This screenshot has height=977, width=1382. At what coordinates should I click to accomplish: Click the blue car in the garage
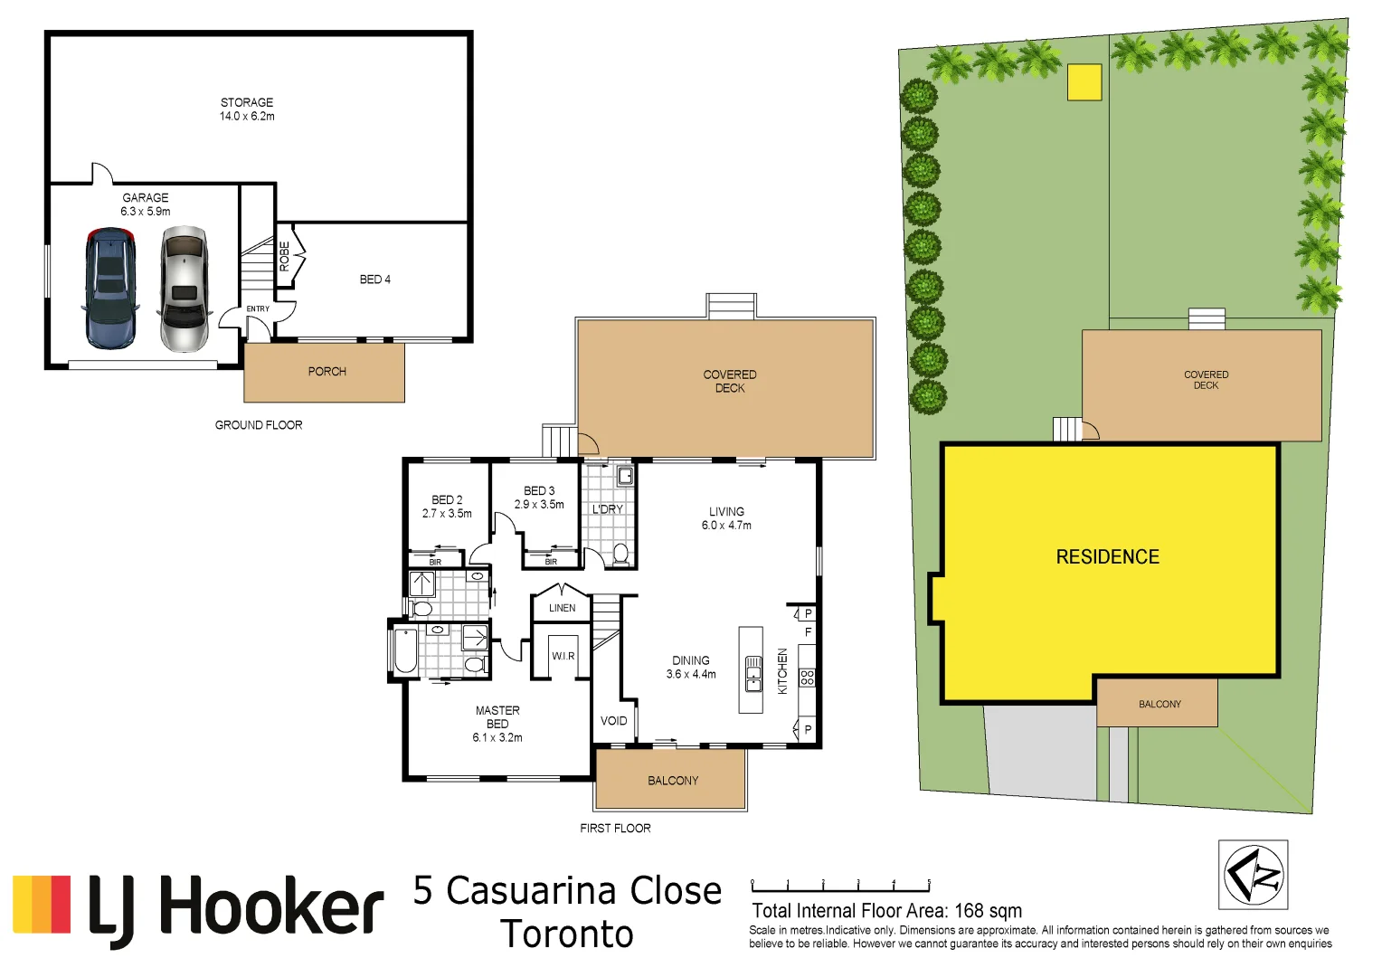110,288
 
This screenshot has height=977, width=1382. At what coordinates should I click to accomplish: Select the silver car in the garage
185,288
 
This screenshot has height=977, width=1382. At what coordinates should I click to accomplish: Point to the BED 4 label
374,280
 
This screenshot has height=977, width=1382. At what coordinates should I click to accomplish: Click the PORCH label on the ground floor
327,372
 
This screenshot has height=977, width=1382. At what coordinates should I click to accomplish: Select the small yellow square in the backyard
1084,82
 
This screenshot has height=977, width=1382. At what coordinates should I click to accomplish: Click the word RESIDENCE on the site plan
1107,557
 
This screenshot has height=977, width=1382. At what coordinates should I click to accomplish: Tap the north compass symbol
1253,875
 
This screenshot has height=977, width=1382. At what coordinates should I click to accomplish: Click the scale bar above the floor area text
840,887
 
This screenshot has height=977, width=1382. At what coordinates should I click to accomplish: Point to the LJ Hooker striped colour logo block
42,904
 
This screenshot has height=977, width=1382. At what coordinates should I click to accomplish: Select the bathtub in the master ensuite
406,651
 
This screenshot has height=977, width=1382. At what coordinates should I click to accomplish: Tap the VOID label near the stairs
613,721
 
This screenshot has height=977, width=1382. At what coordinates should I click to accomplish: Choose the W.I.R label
563,656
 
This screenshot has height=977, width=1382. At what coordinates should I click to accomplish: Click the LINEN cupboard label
562,608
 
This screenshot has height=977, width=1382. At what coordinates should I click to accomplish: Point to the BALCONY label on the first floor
673,781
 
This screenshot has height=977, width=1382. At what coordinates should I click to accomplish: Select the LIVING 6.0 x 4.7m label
726,518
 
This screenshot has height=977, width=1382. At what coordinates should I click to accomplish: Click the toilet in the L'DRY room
620,554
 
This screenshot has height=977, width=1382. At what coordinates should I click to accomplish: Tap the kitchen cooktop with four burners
807,677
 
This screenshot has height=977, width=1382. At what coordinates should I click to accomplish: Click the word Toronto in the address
567,934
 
